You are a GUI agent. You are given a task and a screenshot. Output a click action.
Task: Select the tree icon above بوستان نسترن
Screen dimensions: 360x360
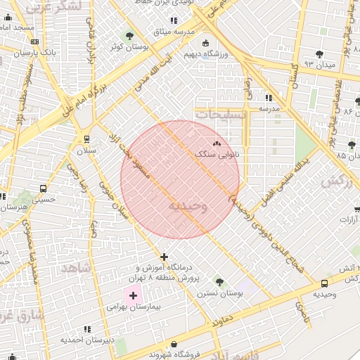[x=220, y=282]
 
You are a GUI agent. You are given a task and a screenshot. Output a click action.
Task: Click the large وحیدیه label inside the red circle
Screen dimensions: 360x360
[x=188, y=206]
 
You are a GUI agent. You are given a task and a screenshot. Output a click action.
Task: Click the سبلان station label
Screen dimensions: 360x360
[x=86, y=150]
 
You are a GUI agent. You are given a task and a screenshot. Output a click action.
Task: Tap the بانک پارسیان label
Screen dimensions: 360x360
[x=39, y=53]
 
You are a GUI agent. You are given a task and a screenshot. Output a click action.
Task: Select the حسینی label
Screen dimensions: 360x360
[x=44, y=200]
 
